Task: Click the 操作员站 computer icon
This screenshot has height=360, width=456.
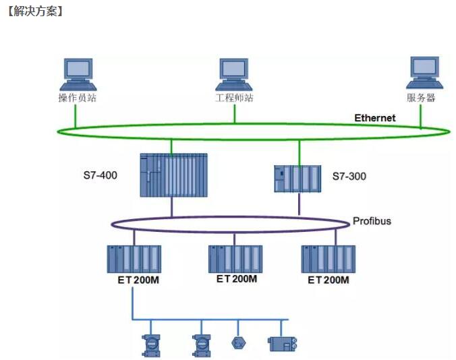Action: click(x=77, y=74)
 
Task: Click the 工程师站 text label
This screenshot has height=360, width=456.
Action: click(x=234, y=98)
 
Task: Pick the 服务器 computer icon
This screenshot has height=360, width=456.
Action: click(x=425, y=73)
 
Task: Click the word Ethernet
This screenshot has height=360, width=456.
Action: click(x=375, y=118)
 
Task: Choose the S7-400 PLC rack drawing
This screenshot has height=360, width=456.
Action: click(x=173, y=175)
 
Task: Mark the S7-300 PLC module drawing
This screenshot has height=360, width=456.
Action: click(x=297, y=178)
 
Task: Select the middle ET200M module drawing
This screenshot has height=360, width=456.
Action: click(x=235, y=258)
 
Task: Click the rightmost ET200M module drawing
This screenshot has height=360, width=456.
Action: click(x=328, y=258)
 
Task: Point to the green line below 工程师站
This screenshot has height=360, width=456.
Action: click(x=234, y=114)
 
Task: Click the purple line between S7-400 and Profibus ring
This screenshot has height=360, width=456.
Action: click(x=171, y=207)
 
